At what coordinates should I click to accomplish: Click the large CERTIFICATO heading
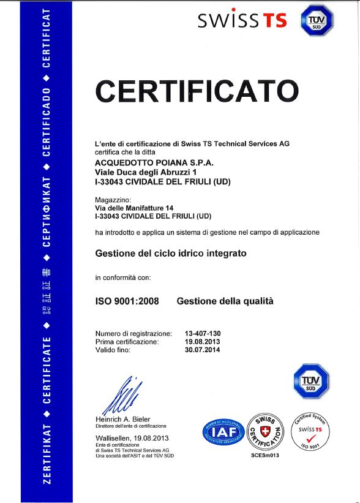[197, 91]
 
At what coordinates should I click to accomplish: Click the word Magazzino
[113, 200]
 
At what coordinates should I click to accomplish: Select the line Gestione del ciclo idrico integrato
[171, 252]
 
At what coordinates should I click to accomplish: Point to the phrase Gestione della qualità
[225, 301]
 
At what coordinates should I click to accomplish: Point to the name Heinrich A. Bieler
[123, 419]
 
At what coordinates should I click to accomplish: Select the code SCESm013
[265, 456]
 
